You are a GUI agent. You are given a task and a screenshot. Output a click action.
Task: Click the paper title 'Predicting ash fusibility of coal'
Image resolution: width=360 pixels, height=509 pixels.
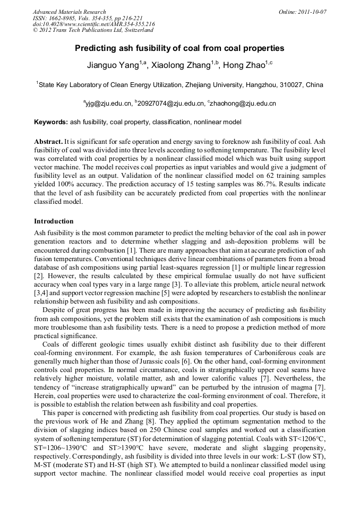click(x=179, y=48)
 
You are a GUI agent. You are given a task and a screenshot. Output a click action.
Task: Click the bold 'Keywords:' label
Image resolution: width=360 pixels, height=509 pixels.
click(x=51, y=122)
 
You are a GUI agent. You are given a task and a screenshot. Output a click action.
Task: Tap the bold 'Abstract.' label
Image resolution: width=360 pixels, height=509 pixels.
click(x=48, y=142)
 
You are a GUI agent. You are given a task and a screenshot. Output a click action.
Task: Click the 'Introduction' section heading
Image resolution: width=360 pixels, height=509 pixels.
click(x=54, y=221)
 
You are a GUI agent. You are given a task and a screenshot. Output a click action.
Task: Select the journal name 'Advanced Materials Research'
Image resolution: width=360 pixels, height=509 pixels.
click(x=69, y=12)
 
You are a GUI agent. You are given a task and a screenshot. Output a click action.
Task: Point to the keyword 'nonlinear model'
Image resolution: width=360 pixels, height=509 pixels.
click(x=217, y=122)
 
